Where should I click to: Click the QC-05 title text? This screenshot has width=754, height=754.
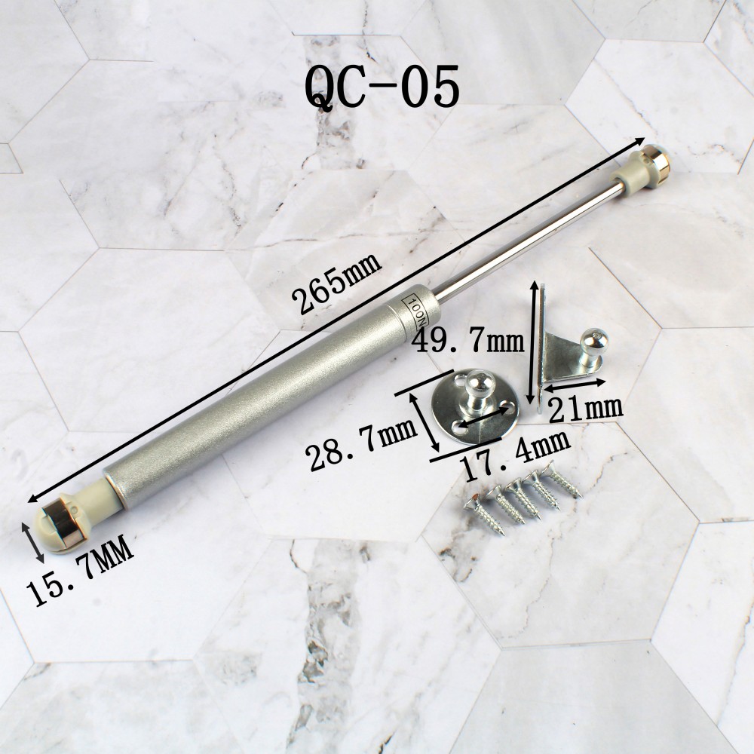coord(382,87)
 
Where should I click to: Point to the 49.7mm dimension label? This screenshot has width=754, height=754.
coord(468,341)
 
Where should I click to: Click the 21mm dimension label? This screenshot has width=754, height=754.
coord(586,409)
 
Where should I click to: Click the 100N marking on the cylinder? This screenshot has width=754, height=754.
coord(415,311)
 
